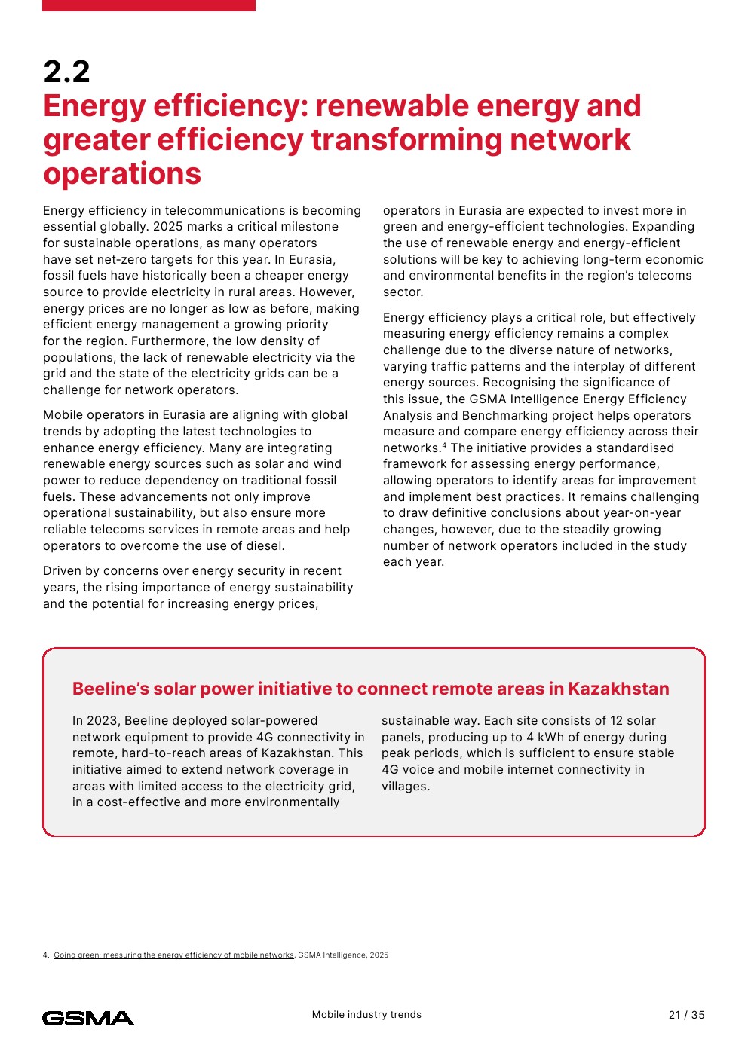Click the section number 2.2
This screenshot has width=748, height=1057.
click(x=66, y=72)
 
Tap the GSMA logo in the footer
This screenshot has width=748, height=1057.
click(x=88, y=1018)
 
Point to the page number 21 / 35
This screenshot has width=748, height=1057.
click(x=686, y=1015)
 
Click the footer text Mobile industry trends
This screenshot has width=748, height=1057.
click(x=366, y=1015)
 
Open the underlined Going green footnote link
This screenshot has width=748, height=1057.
click(x=173, y=955)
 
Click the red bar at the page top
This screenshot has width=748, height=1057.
click(x=149, y=5)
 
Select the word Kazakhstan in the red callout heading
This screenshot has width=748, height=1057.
click(x=618, y=689)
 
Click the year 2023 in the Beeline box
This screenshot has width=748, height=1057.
click(x=103, y=721)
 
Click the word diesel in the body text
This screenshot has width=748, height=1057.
click(x=263, y=546)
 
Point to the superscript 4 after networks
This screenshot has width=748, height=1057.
click(x=444, y=445)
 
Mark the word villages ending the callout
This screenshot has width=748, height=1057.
click(x=404, y=787)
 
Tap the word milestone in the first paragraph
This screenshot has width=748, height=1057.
click(x=307, y=227)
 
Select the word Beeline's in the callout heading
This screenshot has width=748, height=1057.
click(x=110, y=689)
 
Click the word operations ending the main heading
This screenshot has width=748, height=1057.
click(x=122, y=174)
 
